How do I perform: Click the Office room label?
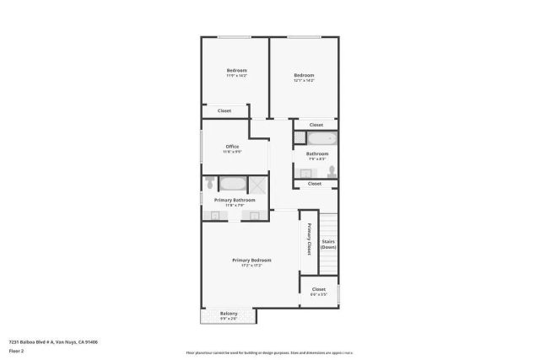click(232, 147)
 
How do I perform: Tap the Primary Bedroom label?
click(251, 261)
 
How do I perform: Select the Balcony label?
click(229, 314)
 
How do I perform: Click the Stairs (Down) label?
click(329, 244)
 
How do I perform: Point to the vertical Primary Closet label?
click(309, 239)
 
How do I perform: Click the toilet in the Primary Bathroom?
click(208, 184)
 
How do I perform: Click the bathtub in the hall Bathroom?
click(321, 138)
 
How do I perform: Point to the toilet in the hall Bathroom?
click(332, 171)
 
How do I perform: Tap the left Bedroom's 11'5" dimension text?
click(235, 76)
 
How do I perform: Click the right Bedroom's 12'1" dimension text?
click(304, 81)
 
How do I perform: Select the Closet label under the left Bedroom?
click(224, 110)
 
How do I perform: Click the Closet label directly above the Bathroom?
click(316, 125)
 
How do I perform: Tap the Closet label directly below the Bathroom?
click(314, 183)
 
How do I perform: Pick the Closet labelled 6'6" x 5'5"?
click(319, 292)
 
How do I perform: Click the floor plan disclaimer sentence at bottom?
click(269, 352)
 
